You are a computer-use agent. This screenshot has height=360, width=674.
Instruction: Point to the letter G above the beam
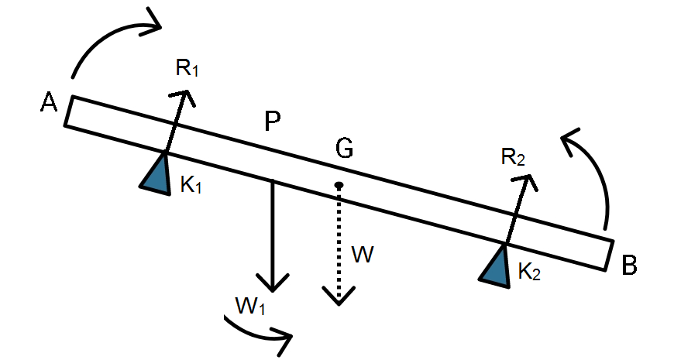(x=344, y=148)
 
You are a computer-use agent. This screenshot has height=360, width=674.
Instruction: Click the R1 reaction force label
(x=187, y=68)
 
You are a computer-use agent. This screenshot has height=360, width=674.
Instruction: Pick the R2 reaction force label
(x=512, y=158)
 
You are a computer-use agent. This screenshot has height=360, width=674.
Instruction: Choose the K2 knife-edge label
(x=530, y=272)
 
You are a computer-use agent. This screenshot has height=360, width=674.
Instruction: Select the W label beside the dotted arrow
(x=363, y=254)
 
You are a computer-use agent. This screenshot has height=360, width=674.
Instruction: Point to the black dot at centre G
(x=339, y=185)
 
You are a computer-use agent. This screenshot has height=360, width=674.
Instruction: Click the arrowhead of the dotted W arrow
(x=339, y=297)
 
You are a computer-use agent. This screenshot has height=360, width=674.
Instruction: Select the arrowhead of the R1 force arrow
(x=185, y=95)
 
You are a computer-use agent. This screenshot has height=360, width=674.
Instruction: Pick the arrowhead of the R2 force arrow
(x=528, y=180)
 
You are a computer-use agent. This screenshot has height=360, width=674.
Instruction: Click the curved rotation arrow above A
(x=108, y=39)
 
